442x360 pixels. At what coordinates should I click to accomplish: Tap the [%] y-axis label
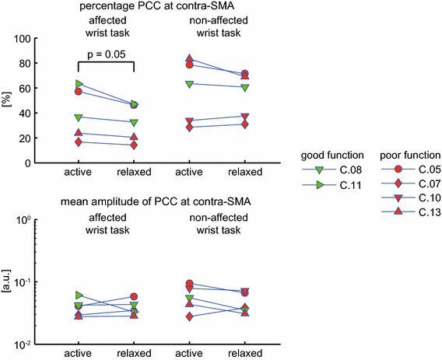[x=6, y=101]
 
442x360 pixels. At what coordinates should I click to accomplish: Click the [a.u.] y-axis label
[x=6, y=281]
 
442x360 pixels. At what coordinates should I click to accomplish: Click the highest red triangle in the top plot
[x=189, y=59]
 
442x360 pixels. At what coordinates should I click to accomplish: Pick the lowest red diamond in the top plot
[x=135, y=145]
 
